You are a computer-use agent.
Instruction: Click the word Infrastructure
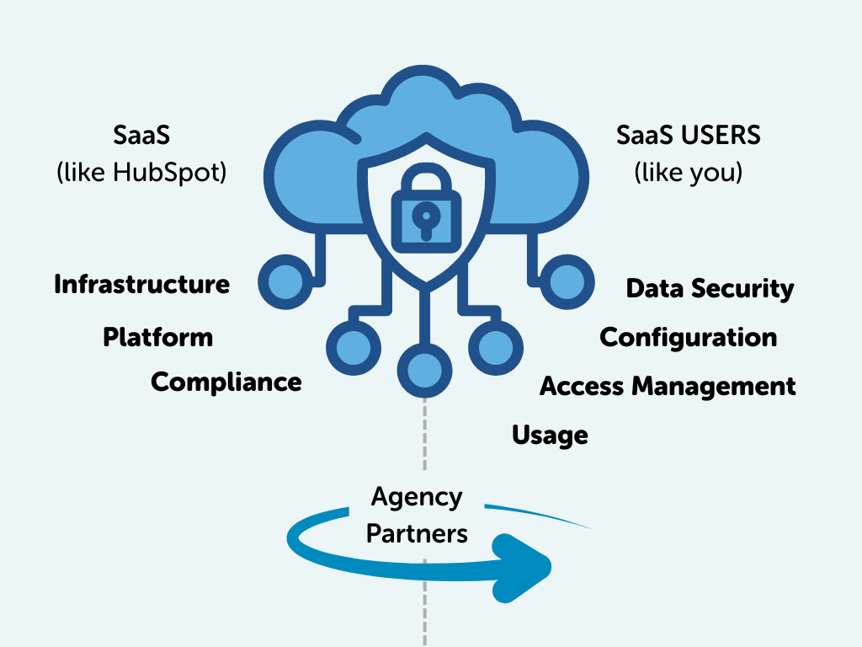pos(141,285)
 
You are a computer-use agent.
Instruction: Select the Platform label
pos(157,338)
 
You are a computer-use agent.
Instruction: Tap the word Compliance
pos(226,382)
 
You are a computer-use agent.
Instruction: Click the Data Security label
pos(710,289)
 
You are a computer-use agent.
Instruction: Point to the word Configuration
pos(688,338)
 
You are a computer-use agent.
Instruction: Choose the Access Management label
pos(667,387)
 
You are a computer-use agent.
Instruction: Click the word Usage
pos(550,436)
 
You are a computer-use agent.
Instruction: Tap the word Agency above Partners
pos(417,497)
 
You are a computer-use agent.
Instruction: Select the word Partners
pos(417,533)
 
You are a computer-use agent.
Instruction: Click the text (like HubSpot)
pos(142,173)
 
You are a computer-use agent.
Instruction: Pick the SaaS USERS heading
pos(688,135)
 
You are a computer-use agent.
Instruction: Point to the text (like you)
pos(688,173)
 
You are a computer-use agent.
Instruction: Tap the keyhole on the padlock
pos(426,218)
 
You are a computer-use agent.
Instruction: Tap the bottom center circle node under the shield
pos(424,367)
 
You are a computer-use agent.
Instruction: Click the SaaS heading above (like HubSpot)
pos(142,135)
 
